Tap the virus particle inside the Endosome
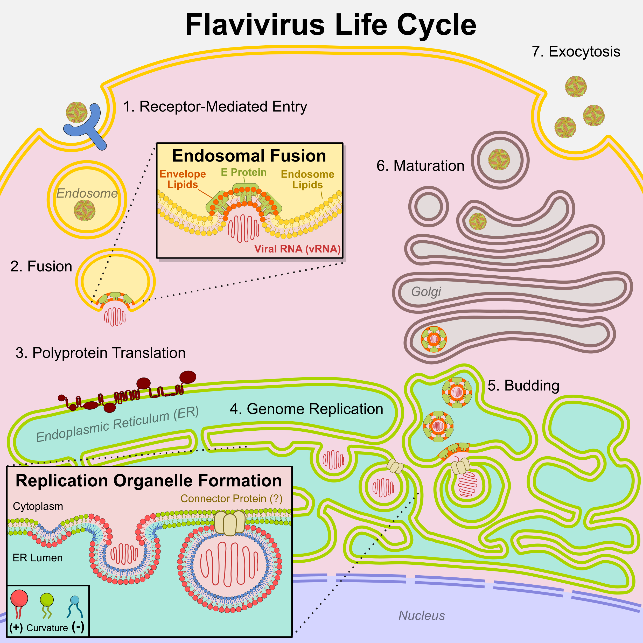[x=85, y=210]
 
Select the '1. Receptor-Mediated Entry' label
[x=215, y=107]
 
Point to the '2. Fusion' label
[x=41, y=266]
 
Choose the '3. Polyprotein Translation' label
[x=101, y=353]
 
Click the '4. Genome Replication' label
[x=306, y=409]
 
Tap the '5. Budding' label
[x=523, y=385]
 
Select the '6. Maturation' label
[x=420, y=166]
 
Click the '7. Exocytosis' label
[x=576, y=52]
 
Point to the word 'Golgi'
[x=426, y=291]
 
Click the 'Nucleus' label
[x=422, y=616]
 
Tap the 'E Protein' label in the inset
[x=244, y=172]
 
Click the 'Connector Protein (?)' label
[x=231, y=499]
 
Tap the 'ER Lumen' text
[x=38, y=558]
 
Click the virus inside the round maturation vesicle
[x=499, y=159]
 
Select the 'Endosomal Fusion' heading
[x=249, y=156]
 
